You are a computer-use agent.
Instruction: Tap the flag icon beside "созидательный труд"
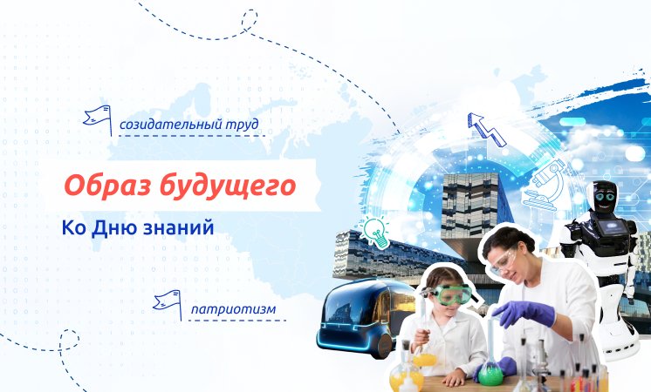(96, 116)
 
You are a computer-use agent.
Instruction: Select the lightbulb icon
(376, 232)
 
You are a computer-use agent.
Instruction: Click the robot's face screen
(605, 197)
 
